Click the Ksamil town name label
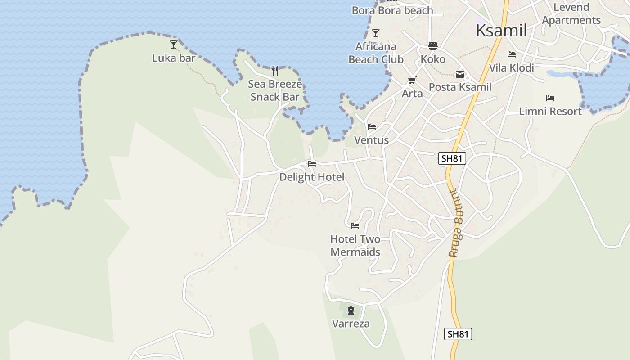[x=501, y=31]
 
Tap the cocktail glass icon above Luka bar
[x=174, y=44]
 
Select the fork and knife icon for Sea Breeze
[x=275, y=70]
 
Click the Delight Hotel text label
[x=312, y=177]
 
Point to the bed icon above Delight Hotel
[x=312, y=163]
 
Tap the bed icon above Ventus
[x=372, y=127]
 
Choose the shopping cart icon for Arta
[x=412, y=81]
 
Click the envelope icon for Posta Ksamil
[x=460, y=74]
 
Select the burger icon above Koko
[x=433, y=45]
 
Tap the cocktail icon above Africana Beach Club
[x=376, y=33]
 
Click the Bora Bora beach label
[x=392, y=10]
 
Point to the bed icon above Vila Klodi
[x=512, y=54]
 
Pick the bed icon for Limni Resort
[x=550, y=98]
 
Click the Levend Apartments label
[x=571, y=13]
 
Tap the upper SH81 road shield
[x=452, y=158]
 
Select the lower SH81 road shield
[x=458, y=334]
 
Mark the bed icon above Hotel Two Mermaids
[x=355, y=225]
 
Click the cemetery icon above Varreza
[x=351, y=310]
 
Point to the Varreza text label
[x=351, y=324]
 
